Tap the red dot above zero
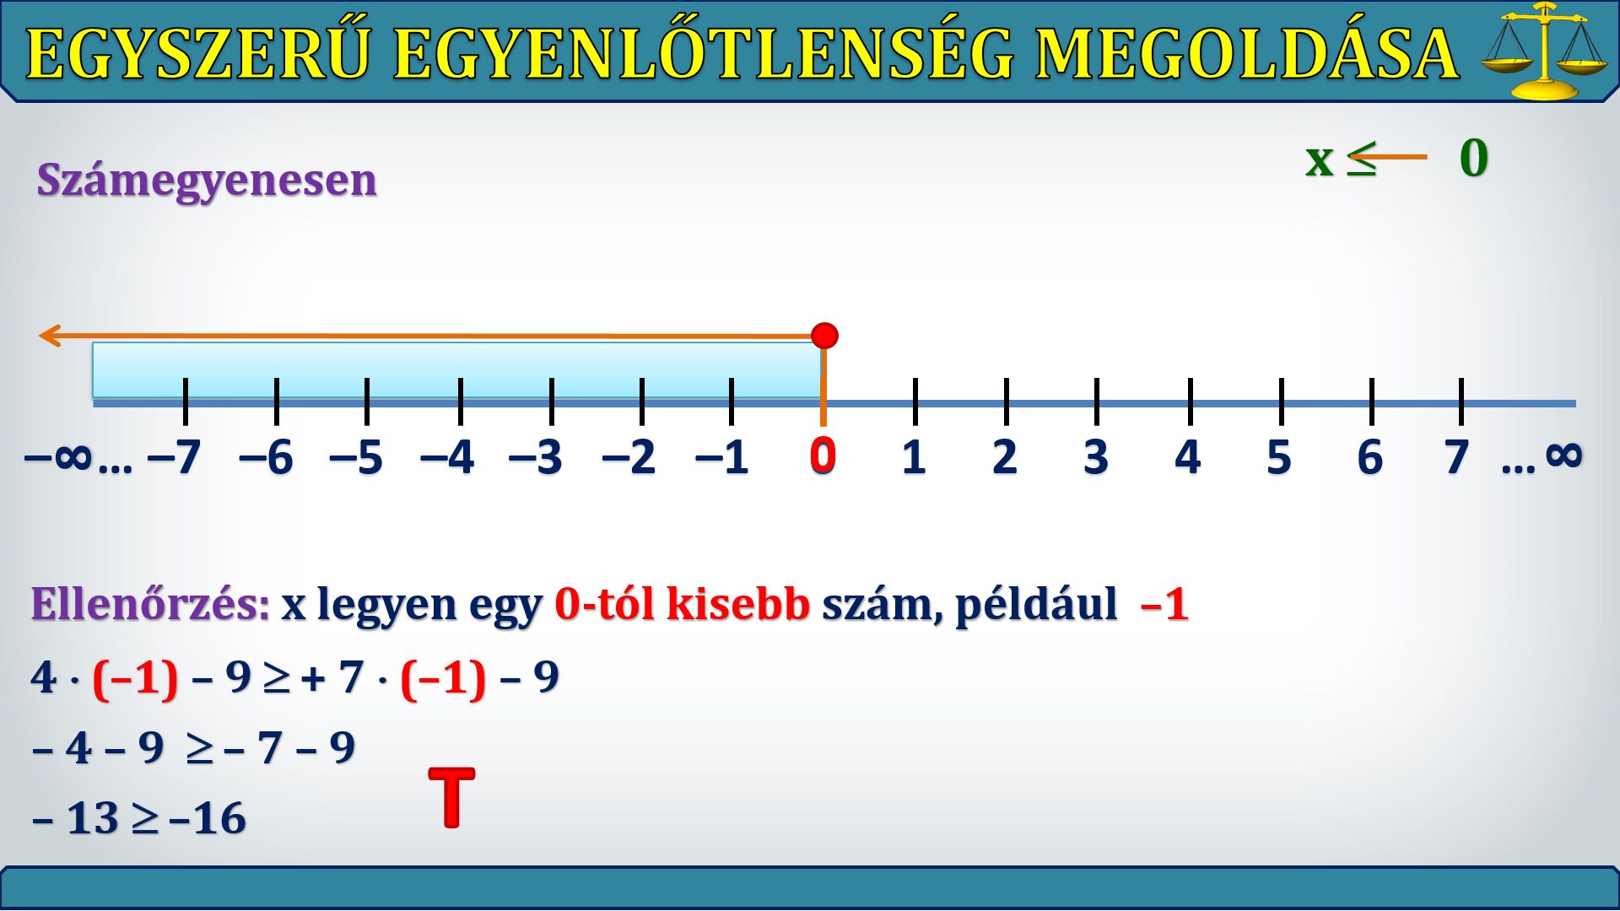pos(824,336)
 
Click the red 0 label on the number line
pos(823,455)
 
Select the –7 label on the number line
pos(174,458)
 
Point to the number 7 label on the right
pos(1457,458)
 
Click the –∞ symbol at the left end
pos(57,458)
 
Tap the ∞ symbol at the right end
pos(1564,455)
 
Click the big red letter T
pos(452,797)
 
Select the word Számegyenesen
pos(207,180)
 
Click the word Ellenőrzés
pos(150,604)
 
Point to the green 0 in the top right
pos(1474,158)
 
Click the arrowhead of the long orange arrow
pos(51,336)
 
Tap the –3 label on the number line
pos(536,458)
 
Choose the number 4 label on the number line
pos(1187,458)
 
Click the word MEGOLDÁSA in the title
pos(1247,54)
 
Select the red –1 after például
pos(1164,604)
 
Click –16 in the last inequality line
pos(208,818)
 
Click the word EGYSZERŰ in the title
pos(199,54)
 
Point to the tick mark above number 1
pos(915,402)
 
